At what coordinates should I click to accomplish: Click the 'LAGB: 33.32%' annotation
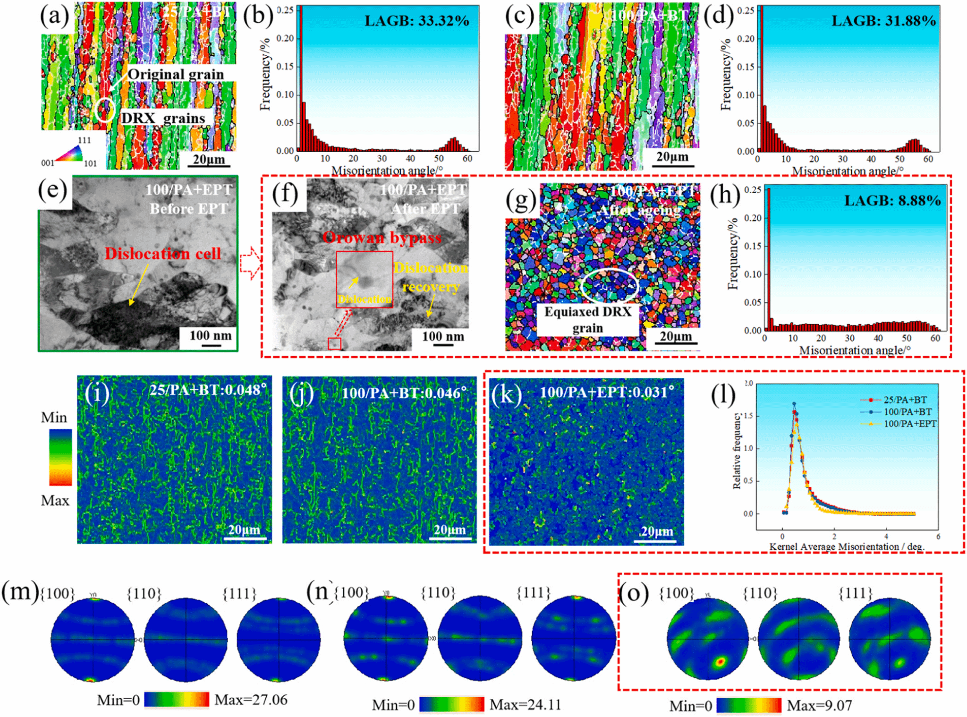coord(416,21)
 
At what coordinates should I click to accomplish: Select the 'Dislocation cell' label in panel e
coord(163,254)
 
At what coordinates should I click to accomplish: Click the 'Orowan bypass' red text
coord(382,238)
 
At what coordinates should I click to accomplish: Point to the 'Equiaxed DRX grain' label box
coord(587,320)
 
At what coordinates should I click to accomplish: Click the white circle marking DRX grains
coord(104,110)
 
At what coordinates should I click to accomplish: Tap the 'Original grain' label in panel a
coord(176,74)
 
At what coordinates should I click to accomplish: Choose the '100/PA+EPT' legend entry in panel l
coord(909,424)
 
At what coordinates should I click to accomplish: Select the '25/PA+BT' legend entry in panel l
coord(905,400)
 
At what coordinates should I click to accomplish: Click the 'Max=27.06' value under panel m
coord(251,700)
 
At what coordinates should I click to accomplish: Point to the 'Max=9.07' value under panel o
coord(819,705)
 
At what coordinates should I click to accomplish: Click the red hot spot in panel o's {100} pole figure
coord(720,662)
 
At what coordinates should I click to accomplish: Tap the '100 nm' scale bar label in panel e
coord(211,335)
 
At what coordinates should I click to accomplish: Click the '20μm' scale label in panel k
coord(656,531)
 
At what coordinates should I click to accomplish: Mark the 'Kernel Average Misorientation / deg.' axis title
coord(847,546)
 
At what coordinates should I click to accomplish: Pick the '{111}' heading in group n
coord(534,592)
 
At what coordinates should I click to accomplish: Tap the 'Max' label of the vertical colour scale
coord(55,500)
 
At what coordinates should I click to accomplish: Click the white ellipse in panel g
coord(609,285)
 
